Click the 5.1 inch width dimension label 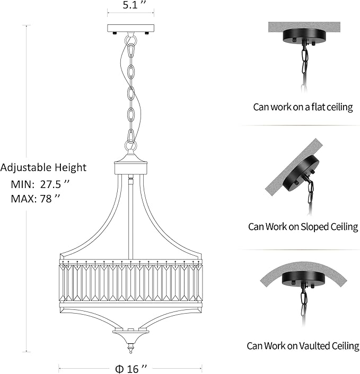point(134,5)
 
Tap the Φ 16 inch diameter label point(130,369)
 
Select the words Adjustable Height point(43,168)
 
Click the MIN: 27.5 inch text point(40,184)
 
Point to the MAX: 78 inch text point(36,199)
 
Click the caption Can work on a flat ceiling point(303,107)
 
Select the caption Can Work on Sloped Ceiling point(303,227)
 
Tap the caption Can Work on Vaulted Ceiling point(303,346)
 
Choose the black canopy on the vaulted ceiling point(303,281)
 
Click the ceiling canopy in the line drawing point(130,29)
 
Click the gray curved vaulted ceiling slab point(303,269)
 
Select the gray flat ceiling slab point(304,26)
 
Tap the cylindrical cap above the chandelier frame point(130,168)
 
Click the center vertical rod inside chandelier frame point(130,217)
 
